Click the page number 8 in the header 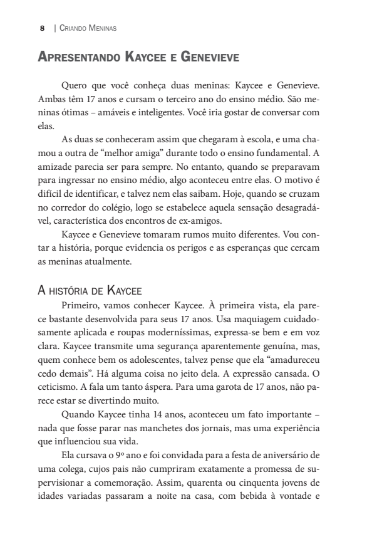tap(42, 28)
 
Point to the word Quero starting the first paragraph tap(74, 85)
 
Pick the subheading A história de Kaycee tap(90, 290)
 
